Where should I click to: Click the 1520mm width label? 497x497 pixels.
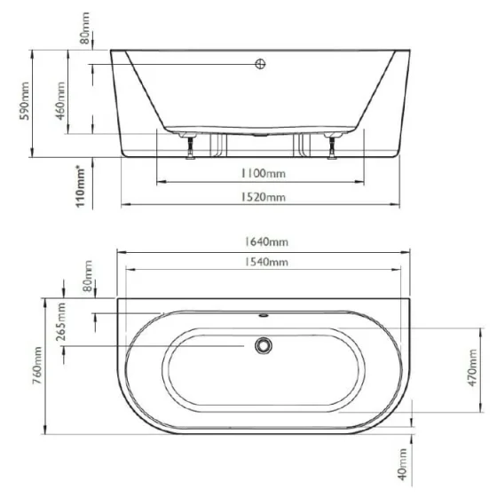point(264,197)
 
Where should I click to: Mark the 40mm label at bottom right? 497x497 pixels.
point(404,461)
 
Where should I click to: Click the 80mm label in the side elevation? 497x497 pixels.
point(85,35)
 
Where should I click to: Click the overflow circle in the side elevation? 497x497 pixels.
point(261,64)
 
